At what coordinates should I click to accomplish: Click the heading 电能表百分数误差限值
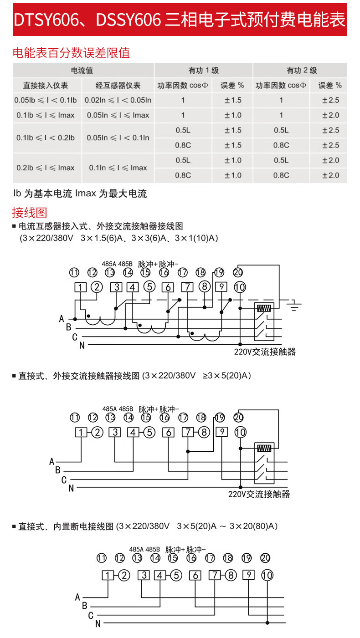[x=71, y=53]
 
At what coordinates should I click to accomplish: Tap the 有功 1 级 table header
[x=203, y=71]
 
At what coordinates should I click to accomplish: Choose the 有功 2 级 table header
[x=301, y=71]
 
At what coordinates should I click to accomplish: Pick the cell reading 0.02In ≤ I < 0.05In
[x=118, y=100]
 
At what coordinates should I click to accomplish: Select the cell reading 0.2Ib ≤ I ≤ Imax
[x=46, y=168]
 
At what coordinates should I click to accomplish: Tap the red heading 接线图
[x=30, y=212]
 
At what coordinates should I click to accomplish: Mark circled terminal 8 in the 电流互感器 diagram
[x=205, y=287]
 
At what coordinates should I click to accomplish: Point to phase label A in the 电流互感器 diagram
[x=62, y=319]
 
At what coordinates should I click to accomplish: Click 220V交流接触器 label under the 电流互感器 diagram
[x=265, y=352]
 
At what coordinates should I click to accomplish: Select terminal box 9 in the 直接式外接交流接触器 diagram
[x=221, y=432]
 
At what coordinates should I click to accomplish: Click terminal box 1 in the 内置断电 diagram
[x=108, y=575]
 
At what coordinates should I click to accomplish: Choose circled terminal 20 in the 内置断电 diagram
[x=265, y=558]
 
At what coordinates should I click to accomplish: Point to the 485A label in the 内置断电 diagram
[x=136, y=549]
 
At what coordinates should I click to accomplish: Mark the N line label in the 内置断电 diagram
[x=98, y=624]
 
